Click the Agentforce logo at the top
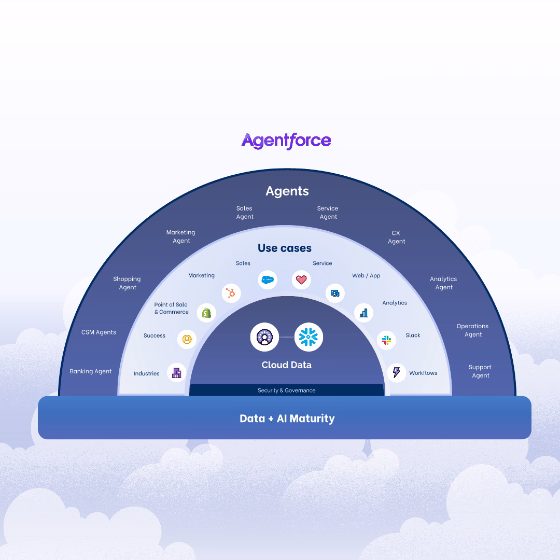[x=286, y=141]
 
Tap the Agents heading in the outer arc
[x=287, y=191]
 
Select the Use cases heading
[x=285, y=248]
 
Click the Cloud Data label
[x=286, y=365]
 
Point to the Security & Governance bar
[x=286, y=390]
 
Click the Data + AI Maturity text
[x=287, y=418]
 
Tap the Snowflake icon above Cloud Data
[x=309, y=337]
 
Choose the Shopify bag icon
[x=206, y=313]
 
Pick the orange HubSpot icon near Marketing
[x=231, y=293]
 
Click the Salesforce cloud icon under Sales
[x=268, y=280]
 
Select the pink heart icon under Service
[x=301, y=280]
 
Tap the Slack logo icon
[x=386, y=340]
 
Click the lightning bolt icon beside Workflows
[x=397, y=372]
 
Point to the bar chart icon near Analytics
[x=363, y=313]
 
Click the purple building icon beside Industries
[x=177, y=373]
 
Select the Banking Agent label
[x=91, y=371]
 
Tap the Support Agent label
[x=480, y=371]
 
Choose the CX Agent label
[x=396, y=237]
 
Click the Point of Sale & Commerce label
[x=171, y=308]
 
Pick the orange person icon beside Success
[x=187, y=339]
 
